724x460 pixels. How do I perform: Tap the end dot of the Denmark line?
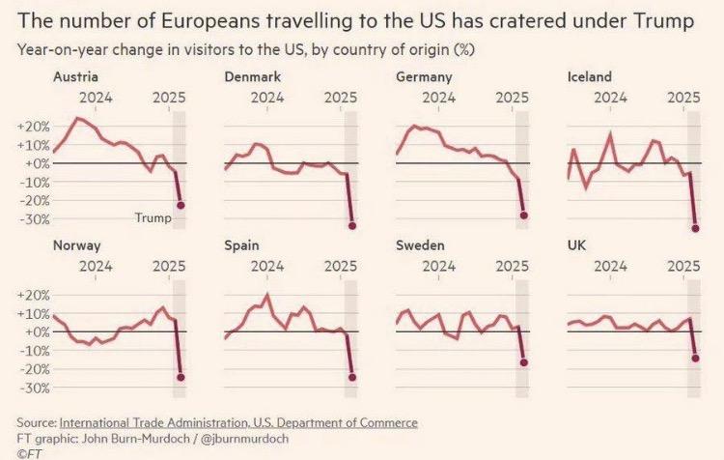tap(352, 225)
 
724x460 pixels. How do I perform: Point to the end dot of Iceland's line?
tap(695, 228)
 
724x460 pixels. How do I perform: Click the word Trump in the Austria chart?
tap(153, 218)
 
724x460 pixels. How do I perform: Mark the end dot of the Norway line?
tap(181, 377)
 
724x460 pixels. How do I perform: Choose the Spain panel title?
tap(240, 245)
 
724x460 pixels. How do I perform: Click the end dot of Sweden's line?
tap(524, 362)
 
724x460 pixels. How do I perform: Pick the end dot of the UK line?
tap(695, 359)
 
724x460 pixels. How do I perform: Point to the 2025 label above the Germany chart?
tap(512, 97)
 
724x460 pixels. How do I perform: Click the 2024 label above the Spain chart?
tap(266, 266)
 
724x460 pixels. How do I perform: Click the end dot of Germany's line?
tap(524, 216)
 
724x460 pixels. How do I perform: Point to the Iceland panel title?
tap(592, 76)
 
